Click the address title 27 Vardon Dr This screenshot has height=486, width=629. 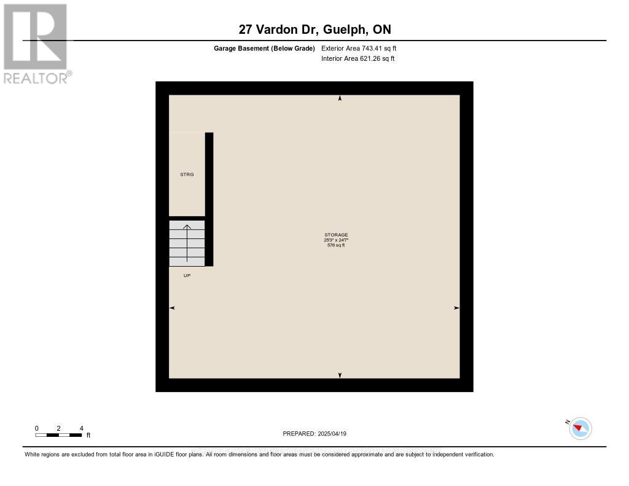[314, 29]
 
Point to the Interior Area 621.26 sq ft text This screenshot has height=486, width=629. [357, 59]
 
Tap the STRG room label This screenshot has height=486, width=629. [187, 174]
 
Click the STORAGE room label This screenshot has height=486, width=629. [336, 235]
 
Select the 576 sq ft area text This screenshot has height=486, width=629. [336, 245]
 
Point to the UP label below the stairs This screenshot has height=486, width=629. [187, 275]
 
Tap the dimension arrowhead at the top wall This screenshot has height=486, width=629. [340, 98]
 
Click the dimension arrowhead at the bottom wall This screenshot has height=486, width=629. [340, 375]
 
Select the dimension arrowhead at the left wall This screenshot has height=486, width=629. [172, 308]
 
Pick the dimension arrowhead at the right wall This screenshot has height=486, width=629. [456, 308]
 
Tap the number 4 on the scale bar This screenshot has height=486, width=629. [81, 428]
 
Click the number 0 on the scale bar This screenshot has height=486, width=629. [36, 428]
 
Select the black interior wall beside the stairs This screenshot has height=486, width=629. [209, 199]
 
